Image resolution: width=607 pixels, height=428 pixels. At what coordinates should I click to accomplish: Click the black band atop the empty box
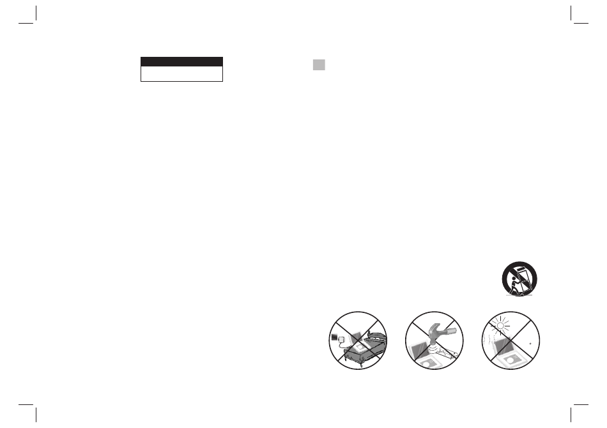pos(181,61)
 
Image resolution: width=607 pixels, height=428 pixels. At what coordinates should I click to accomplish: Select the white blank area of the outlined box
pos(181,74)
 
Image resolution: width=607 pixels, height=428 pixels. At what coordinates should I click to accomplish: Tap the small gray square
pos(319,65)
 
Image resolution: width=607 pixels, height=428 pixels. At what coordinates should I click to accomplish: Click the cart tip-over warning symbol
pos(519,279)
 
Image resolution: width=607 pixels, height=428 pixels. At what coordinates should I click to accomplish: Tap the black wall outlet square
pos(334,336)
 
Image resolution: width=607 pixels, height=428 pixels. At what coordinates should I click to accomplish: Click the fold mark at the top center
pos(303,13)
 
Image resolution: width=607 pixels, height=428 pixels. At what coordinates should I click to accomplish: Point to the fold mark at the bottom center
pos(303,415)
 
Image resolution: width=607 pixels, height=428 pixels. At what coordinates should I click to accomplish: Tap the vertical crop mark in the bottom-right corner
pos(570,415)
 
